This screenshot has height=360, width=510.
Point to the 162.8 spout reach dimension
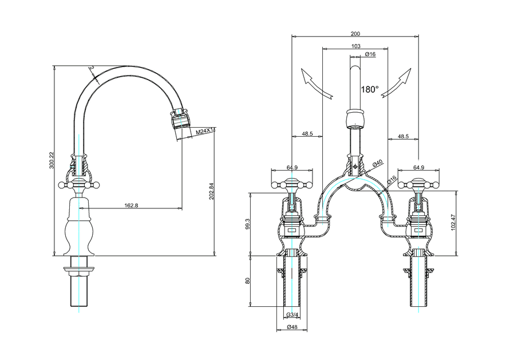pyautogui.click(x=131, y=205)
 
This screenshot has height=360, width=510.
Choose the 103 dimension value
pyautogui.click(x=355, y=46)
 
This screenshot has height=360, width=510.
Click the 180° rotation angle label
pyautogui.click(x=370, y=89)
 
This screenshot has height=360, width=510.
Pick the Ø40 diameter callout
pyautogui.click(x=377, y=164)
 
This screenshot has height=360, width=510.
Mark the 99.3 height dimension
pyautogui.click(x=247, y=223)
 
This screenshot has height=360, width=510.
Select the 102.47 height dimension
pyautogui.click(x=461, y=223)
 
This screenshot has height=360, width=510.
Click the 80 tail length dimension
pyautogui.click(x=247, y=281)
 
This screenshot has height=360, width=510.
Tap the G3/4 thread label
pyautogui.click(x=291, y=315)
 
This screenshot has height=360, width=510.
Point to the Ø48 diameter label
pyautogui.click(x=291, y=328)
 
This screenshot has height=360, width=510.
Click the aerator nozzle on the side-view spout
pyautogui.click(x=180, y=120)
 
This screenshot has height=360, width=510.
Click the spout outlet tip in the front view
pyautogui.click(x=355, y=119)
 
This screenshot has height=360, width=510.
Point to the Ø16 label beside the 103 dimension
pyautogui.click(x=370, y=54)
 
